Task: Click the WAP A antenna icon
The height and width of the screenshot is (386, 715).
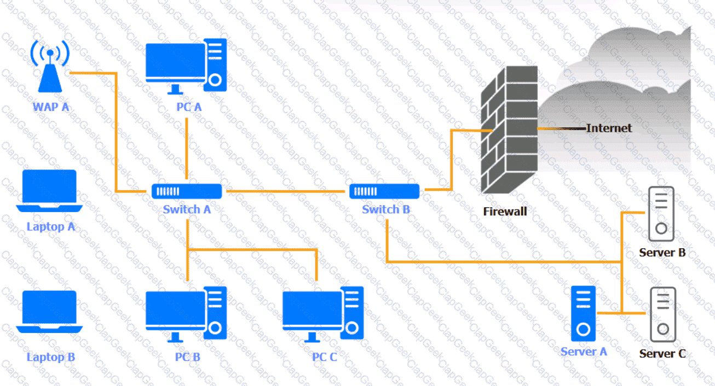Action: click(x=50, y=68)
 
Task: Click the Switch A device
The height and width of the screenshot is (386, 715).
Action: click(x=187, y=191)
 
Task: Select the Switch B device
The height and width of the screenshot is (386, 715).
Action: click(x=385, y=191)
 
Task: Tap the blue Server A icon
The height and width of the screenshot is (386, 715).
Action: click(x=583, y=314)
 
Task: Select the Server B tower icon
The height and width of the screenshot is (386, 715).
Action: click(x=661, y=214)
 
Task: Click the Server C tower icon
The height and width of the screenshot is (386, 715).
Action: click(x=662, y=314)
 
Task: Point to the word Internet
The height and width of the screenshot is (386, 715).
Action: click(x=609, y=128)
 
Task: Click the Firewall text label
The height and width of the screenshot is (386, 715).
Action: click(x=505, y=212)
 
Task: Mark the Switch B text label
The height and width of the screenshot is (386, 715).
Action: click(x=386, y=209)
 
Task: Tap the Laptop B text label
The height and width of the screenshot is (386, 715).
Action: click(x=51, y=358)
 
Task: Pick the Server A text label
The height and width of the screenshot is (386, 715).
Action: click(x=584, y=352)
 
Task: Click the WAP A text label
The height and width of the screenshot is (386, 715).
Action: click(x=51, y=107)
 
